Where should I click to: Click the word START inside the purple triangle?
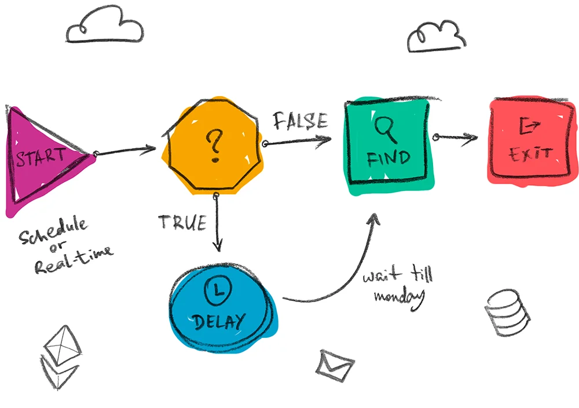tap(41, 158)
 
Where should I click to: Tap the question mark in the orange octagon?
tap(215, 145)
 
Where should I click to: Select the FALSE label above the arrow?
tap(300, 121)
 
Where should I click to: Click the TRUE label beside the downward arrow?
tap(182, 222)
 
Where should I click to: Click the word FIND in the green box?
tap(389, 157)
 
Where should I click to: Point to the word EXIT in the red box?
tap(529, 155)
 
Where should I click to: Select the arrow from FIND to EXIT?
tap(456, 137)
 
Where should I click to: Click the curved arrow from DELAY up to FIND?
tap(342, 278)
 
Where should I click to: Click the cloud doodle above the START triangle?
tap(104, 27)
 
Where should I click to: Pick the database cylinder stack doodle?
tap(507, 313)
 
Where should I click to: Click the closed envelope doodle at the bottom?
tap(334, 364)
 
